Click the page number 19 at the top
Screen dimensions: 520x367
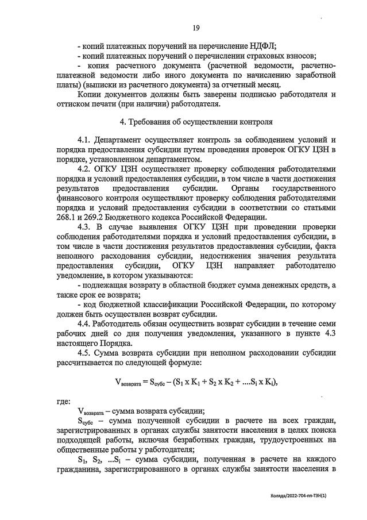pos(196,28)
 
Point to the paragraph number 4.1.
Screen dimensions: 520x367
pos(84,141)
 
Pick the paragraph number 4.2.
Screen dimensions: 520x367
pos(84,169)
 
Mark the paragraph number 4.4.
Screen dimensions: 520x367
pos(84,323)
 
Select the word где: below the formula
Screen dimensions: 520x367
pos(63,402)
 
